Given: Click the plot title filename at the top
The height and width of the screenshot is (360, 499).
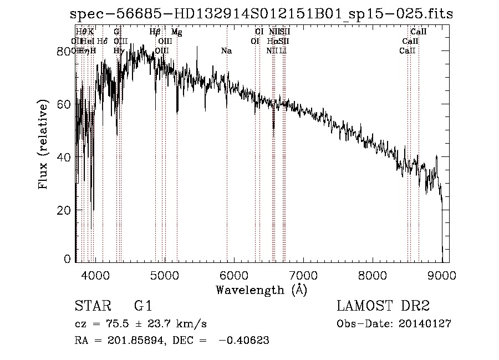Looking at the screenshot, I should (x=261, y=14).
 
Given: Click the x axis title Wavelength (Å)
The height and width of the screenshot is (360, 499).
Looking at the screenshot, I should (x=261, y=290).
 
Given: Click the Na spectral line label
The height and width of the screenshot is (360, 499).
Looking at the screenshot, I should (x=226, y=50).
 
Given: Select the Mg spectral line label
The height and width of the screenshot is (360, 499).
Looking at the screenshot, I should (x=176, y=33).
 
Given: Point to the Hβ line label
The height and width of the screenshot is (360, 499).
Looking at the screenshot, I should (x=155, y=33).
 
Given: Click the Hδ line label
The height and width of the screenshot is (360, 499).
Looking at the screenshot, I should (x=102, y=42).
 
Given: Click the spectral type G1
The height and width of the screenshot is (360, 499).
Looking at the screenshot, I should (x=143, y=306).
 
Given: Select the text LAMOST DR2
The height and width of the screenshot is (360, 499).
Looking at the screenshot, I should (x=383, y=306).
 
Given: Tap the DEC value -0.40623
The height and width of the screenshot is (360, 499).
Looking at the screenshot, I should (x=245, y=341).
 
